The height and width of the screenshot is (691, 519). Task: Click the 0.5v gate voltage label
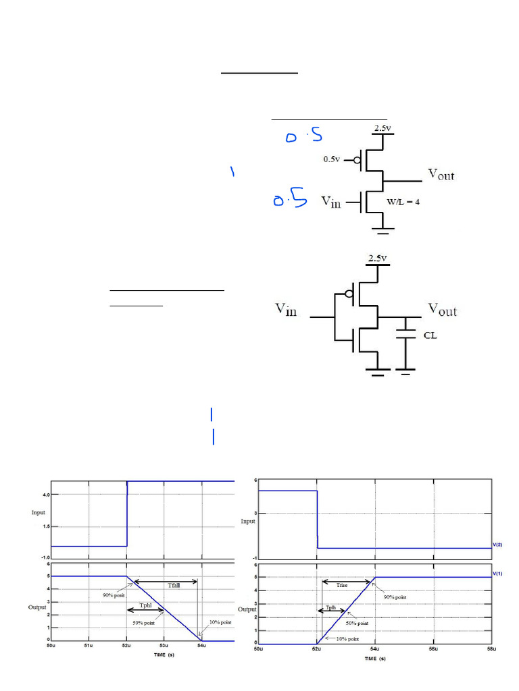[x=331, y=160]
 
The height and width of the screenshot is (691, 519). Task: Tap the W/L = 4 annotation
[x=403, y=202]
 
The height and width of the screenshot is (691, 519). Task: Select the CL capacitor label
[x=430, y=335]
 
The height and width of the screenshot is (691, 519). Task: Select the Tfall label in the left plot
[x=172, y=586]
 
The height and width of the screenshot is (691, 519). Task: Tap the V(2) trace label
[x=497, y=544]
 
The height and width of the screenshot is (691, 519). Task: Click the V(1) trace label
[x=497, y=573]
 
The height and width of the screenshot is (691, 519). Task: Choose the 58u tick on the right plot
[x=495, y=650]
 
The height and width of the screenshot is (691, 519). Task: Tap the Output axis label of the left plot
[x=37, y=607]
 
